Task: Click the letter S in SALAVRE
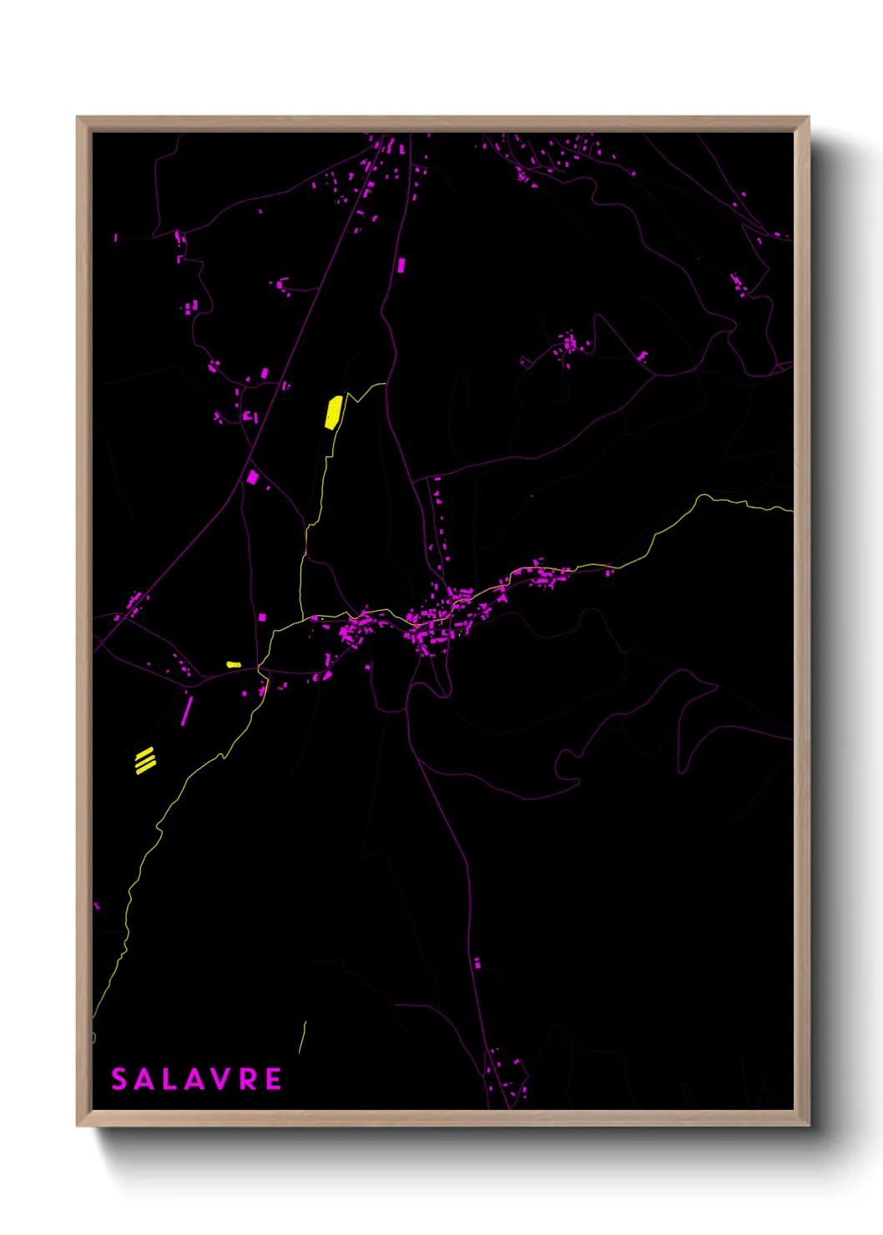119,1079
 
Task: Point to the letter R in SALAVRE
248,1079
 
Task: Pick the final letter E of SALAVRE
273,1079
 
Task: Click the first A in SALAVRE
144,1079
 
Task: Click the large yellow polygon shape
334,411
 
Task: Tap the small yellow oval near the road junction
234,664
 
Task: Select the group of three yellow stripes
145,760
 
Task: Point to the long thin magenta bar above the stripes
187,710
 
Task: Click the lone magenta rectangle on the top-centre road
401,265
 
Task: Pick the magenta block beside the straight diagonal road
253,477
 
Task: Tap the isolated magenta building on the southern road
477,964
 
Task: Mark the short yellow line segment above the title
303,1037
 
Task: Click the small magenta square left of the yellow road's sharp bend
262,617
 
